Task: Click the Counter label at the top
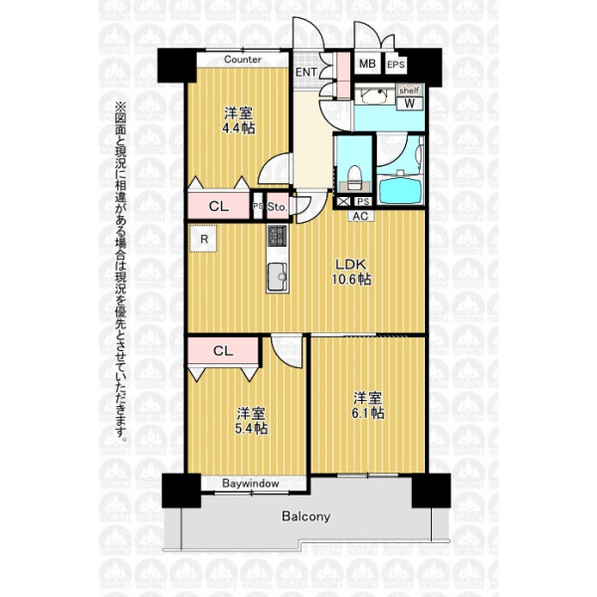point(243,60)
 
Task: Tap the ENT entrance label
point(306,72)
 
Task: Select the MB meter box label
point(367,64)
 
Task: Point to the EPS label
point(396,65)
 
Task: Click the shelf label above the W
point(409,91)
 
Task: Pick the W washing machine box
point(410,103)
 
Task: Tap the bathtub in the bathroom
point(400,190)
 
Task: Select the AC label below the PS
point(360,216)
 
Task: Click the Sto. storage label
point(277,207)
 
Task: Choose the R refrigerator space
point(204,239)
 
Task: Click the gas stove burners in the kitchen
point(278,236)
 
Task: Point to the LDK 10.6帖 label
point(351,272)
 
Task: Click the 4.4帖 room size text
point(239,128)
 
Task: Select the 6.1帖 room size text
point(368,413)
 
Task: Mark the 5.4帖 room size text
point(251,429)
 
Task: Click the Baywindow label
point(251,484)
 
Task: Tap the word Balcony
point(305,516)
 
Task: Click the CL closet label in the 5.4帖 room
point(223,350)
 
